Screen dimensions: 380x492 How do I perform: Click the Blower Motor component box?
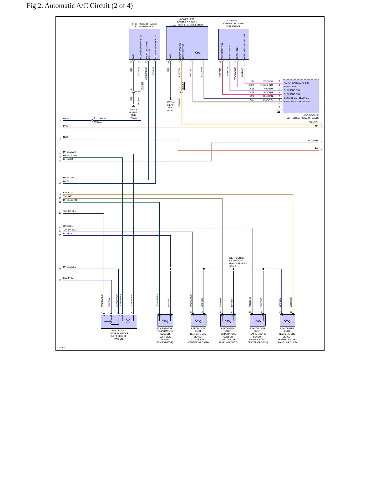coord(144,44)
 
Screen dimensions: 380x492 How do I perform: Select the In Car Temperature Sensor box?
coord(187,43)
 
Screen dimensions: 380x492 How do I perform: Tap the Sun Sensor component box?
coord(234,44)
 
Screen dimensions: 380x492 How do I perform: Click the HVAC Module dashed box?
coord(301,96)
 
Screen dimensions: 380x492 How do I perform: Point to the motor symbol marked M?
coord(128,321)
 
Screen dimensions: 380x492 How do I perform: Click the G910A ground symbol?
coord(133,106)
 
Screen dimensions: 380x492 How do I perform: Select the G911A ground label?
coord(170,102)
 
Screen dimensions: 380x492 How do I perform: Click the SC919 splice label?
coord(232,266)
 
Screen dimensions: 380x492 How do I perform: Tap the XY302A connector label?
coord(98,122)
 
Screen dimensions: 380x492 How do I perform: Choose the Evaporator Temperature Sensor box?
coord(165,320)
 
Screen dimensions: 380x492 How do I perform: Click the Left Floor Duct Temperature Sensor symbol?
coord(198,320)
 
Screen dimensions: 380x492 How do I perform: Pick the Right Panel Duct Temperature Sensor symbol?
coord(287,320)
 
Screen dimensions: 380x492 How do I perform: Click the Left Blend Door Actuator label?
coord(119,335)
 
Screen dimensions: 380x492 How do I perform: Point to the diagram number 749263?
coord(61,348)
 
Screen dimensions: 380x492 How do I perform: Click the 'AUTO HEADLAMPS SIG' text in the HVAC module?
coord(296,83)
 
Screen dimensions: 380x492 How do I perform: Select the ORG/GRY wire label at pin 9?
coord(68,193)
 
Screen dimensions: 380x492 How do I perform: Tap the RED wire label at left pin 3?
coord(65,137)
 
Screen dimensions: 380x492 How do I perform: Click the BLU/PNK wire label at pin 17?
coord(68,278)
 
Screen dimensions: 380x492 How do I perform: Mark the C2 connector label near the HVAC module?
coord(279,111)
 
